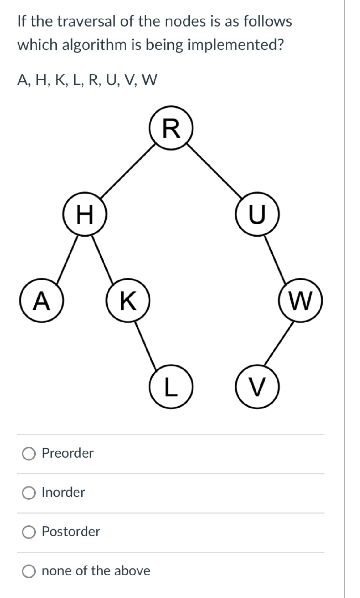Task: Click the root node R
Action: (x=171, y=128)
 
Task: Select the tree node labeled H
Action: (x=85, y=214)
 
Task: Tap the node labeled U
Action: (x=257, y=214)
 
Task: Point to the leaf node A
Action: (x=42, y=301)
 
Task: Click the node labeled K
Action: (x=128, y=301)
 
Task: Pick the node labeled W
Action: (x=300, y=301)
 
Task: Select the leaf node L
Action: (x=171, y=387)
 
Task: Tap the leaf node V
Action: (x=257, y=387)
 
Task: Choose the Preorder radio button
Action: (x=29, y=454)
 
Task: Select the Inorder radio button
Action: (x=29, y=493)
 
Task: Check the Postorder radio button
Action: (x=29, y=532)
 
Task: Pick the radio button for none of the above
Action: (x=29, y=571)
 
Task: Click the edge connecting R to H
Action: (x=128, y=171)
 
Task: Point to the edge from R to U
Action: (x=214, y=171)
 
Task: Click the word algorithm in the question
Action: (x=94, y=45)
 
